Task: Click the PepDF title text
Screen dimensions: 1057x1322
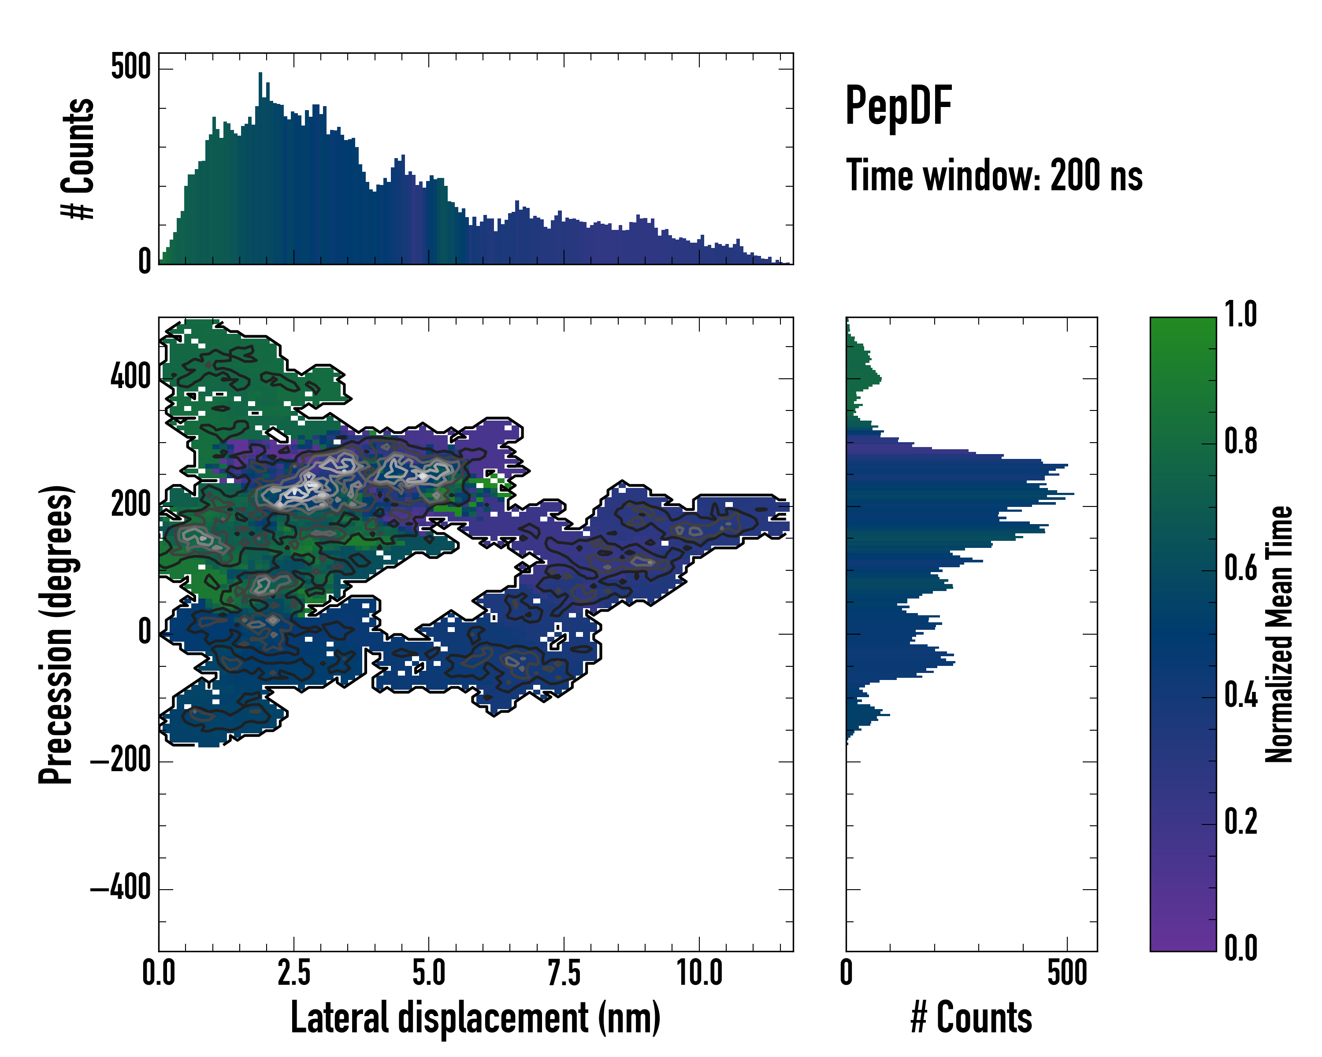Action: [898, 106]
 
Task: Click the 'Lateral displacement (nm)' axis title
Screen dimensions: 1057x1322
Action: [475, 1018]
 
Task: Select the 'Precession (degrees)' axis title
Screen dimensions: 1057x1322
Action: [56, 634]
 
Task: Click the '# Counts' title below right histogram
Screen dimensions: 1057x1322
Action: [971, 1018]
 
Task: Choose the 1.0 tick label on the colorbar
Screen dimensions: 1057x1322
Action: [1240, 315]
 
